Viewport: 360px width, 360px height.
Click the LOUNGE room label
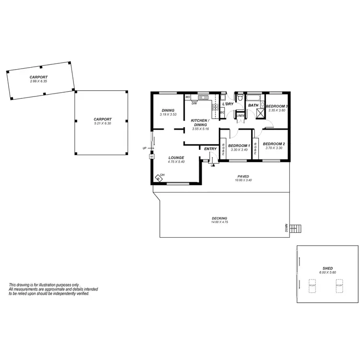[x=176, y=157]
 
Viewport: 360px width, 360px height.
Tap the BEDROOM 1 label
[x=239, y=145]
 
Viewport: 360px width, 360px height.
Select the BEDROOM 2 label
[x=274, y=144]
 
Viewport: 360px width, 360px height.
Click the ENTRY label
[x=210, y=149]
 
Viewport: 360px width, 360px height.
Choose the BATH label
[x=253, y=105]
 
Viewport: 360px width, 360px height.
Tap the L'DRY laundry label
[x=228, y=104]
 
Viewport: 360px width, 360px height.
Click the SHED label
[x=328, y=268]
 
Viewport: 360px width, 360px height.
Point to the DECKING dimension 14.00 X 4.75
[x=219, y=222]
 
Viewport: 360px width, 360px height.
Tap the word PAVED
[x=243, y=176]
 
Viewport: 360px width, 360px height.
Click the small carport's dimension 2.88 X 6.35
[x=38, y=81]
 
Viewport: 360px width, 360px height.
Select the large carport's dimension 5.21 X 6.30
[x=102, y=123]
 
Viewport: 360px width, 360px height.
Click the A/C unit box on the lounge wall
[x=152, y=156]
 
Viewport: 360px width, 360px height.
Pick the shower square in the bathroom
[x=262, y=113]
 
